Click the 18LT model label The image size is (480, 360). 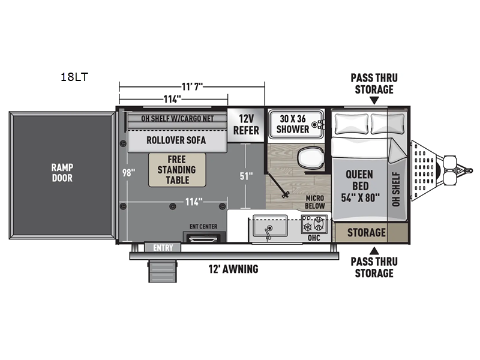(x=74, y=77)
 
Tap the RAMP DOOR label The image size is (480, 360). (x=62, y=173)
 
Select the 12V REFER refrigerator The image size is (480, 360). (x=246, y=125)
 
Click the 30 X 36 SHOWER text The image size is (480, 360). (x=293, y=124)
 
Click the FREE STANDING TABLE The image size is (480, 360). (x=177, y=170)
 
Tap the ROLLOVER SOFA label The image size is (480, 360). (x=176, y=140)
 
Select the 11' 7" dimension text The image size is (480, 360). (x=192, y=86)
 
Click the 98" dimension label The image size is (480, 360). (x=128, y=173)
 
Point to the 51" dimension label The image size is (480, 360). (x=246, y=176)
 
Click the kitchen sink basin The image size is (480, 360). (x=269, y=226)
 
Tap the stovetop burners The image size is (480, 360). (x=314, y=224)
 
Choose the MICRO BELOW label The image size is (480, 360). (x=314, y=202)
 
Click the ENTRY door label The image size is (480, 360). (x=163, y=248)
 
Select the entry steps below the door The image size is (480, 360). (x=163, y=271)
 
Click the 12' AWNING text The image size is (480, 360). (x=233, y=269)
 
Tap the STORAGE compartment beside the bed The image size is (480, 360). (x=366, y=233)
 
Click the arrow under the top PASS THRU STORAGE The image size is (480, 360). (x=374, y=100)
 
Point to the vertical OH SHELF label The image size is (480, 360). (x=396, y=189)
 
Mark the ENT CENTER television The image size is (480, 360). (x=204, y=237)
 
